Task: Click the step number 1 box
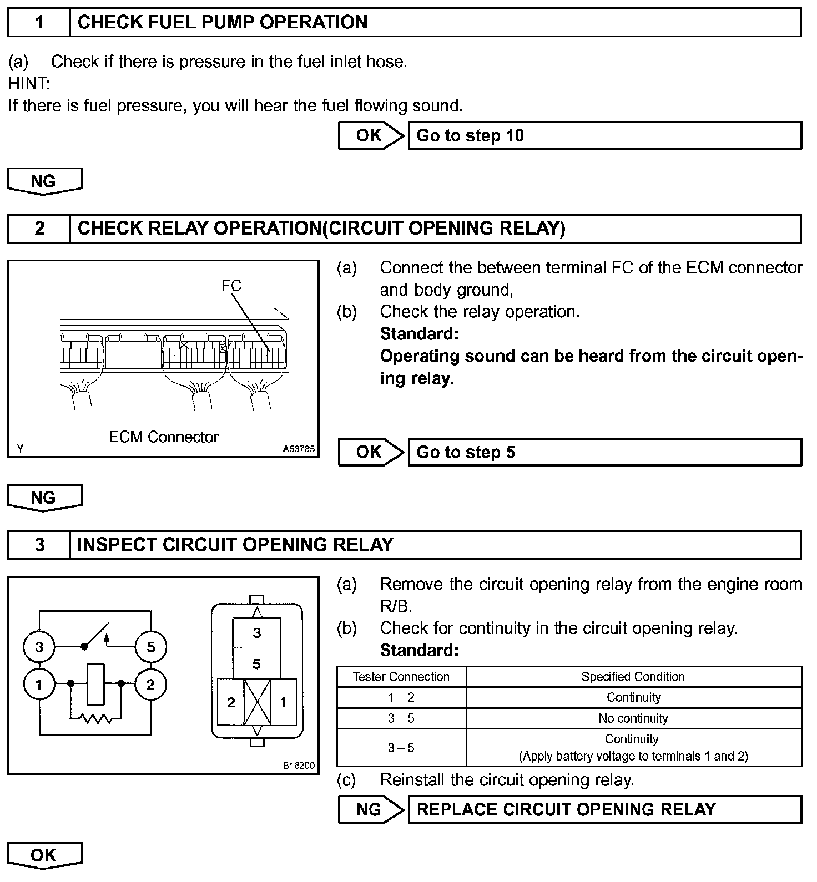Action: click(x=39, y=22)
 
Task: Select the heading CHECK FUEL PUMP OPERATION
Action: click(x=223, y=22)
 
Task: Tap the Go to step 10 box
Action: click(x=604, y=136)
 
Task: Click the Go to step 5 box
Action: click(x=604, y=452)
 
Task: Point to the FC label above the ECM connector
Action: click(x=231, y=286)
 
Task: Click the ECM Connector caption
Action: click(x=163, y=437)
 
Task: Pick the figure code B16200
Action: click(x=299, y=766)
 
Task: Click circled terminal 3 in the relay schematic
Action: click(x=39, y=647)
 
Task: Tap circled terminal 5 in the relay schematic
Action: click(x=150, y=647)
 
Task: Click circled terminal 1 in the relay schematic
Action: click(x=39, y=685)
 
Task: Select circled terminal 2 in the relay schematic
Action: click(x=150, y=685)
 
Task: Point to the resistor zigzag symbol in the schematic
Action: click(x=95, y=719)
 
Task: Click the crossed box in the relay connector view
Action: click(x=258, y=702)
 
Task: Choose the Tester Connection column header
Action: click(x=401, y=677)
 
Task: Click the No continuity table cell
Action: click(x=633, y=718)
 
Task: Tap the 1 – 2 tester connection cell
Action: click(x=401, y=697)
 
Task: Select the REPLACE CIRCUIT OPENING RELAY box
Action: click(x=604, y=809)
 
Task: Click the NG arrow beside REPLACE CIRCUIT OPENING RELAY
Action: click(x=370, y=809)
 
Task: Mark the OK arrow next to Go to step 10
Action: click(x=370, y=136)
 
